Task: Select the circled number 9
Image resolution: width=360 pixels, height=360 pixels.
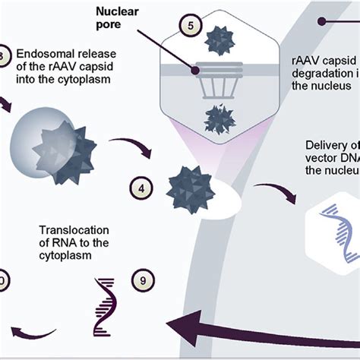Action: [142, 280]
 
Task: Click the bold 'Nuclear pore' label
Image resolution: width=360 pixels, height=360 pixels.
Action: [124, 17]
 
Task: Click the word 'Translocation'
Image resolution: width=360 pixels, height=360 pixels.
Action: [71, 230]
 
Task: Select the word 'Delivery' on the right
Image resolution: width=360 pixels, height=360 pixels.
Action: [324, 147]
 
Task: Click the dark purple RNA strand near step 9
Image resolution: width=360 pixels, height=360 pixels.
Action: [106, 298]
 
